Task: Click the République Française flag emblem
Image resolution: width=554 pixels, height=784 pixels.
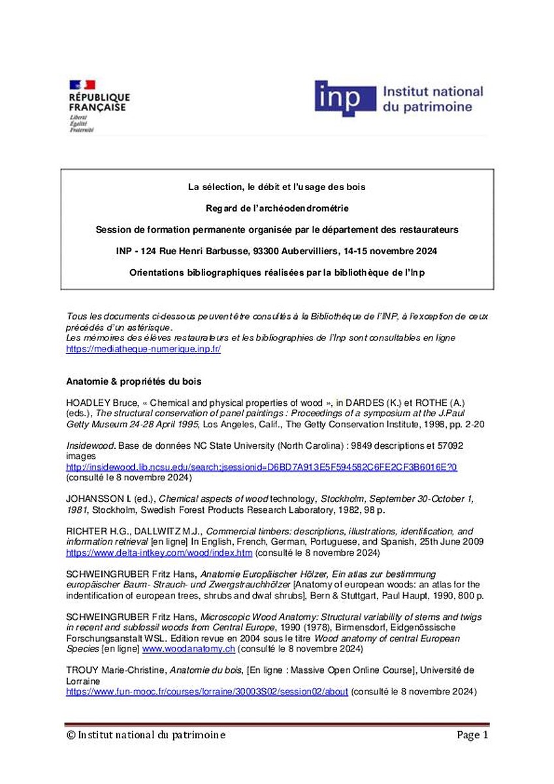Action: pos(82,84)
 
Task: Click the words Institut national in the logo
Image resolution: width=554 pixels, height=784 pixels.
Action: pos(432,91)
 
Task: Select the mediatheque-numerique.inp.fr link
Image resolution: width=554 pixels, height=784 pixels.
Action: pos(144,349)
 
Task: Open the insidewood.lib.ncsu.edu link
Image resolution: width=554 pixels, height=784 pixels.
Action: pos(261,467)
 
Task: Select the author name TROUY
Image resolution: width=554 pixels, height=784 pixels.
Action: pos(82,670)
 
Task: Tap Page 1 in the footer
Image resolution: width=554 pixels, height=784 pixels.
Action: pos(472,735)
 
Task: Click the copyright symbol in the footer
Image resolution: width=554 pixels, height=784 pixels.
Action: pos(71,735)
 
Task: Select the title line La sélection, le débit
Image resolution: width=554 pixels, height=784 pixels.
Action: pos(276,187)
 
